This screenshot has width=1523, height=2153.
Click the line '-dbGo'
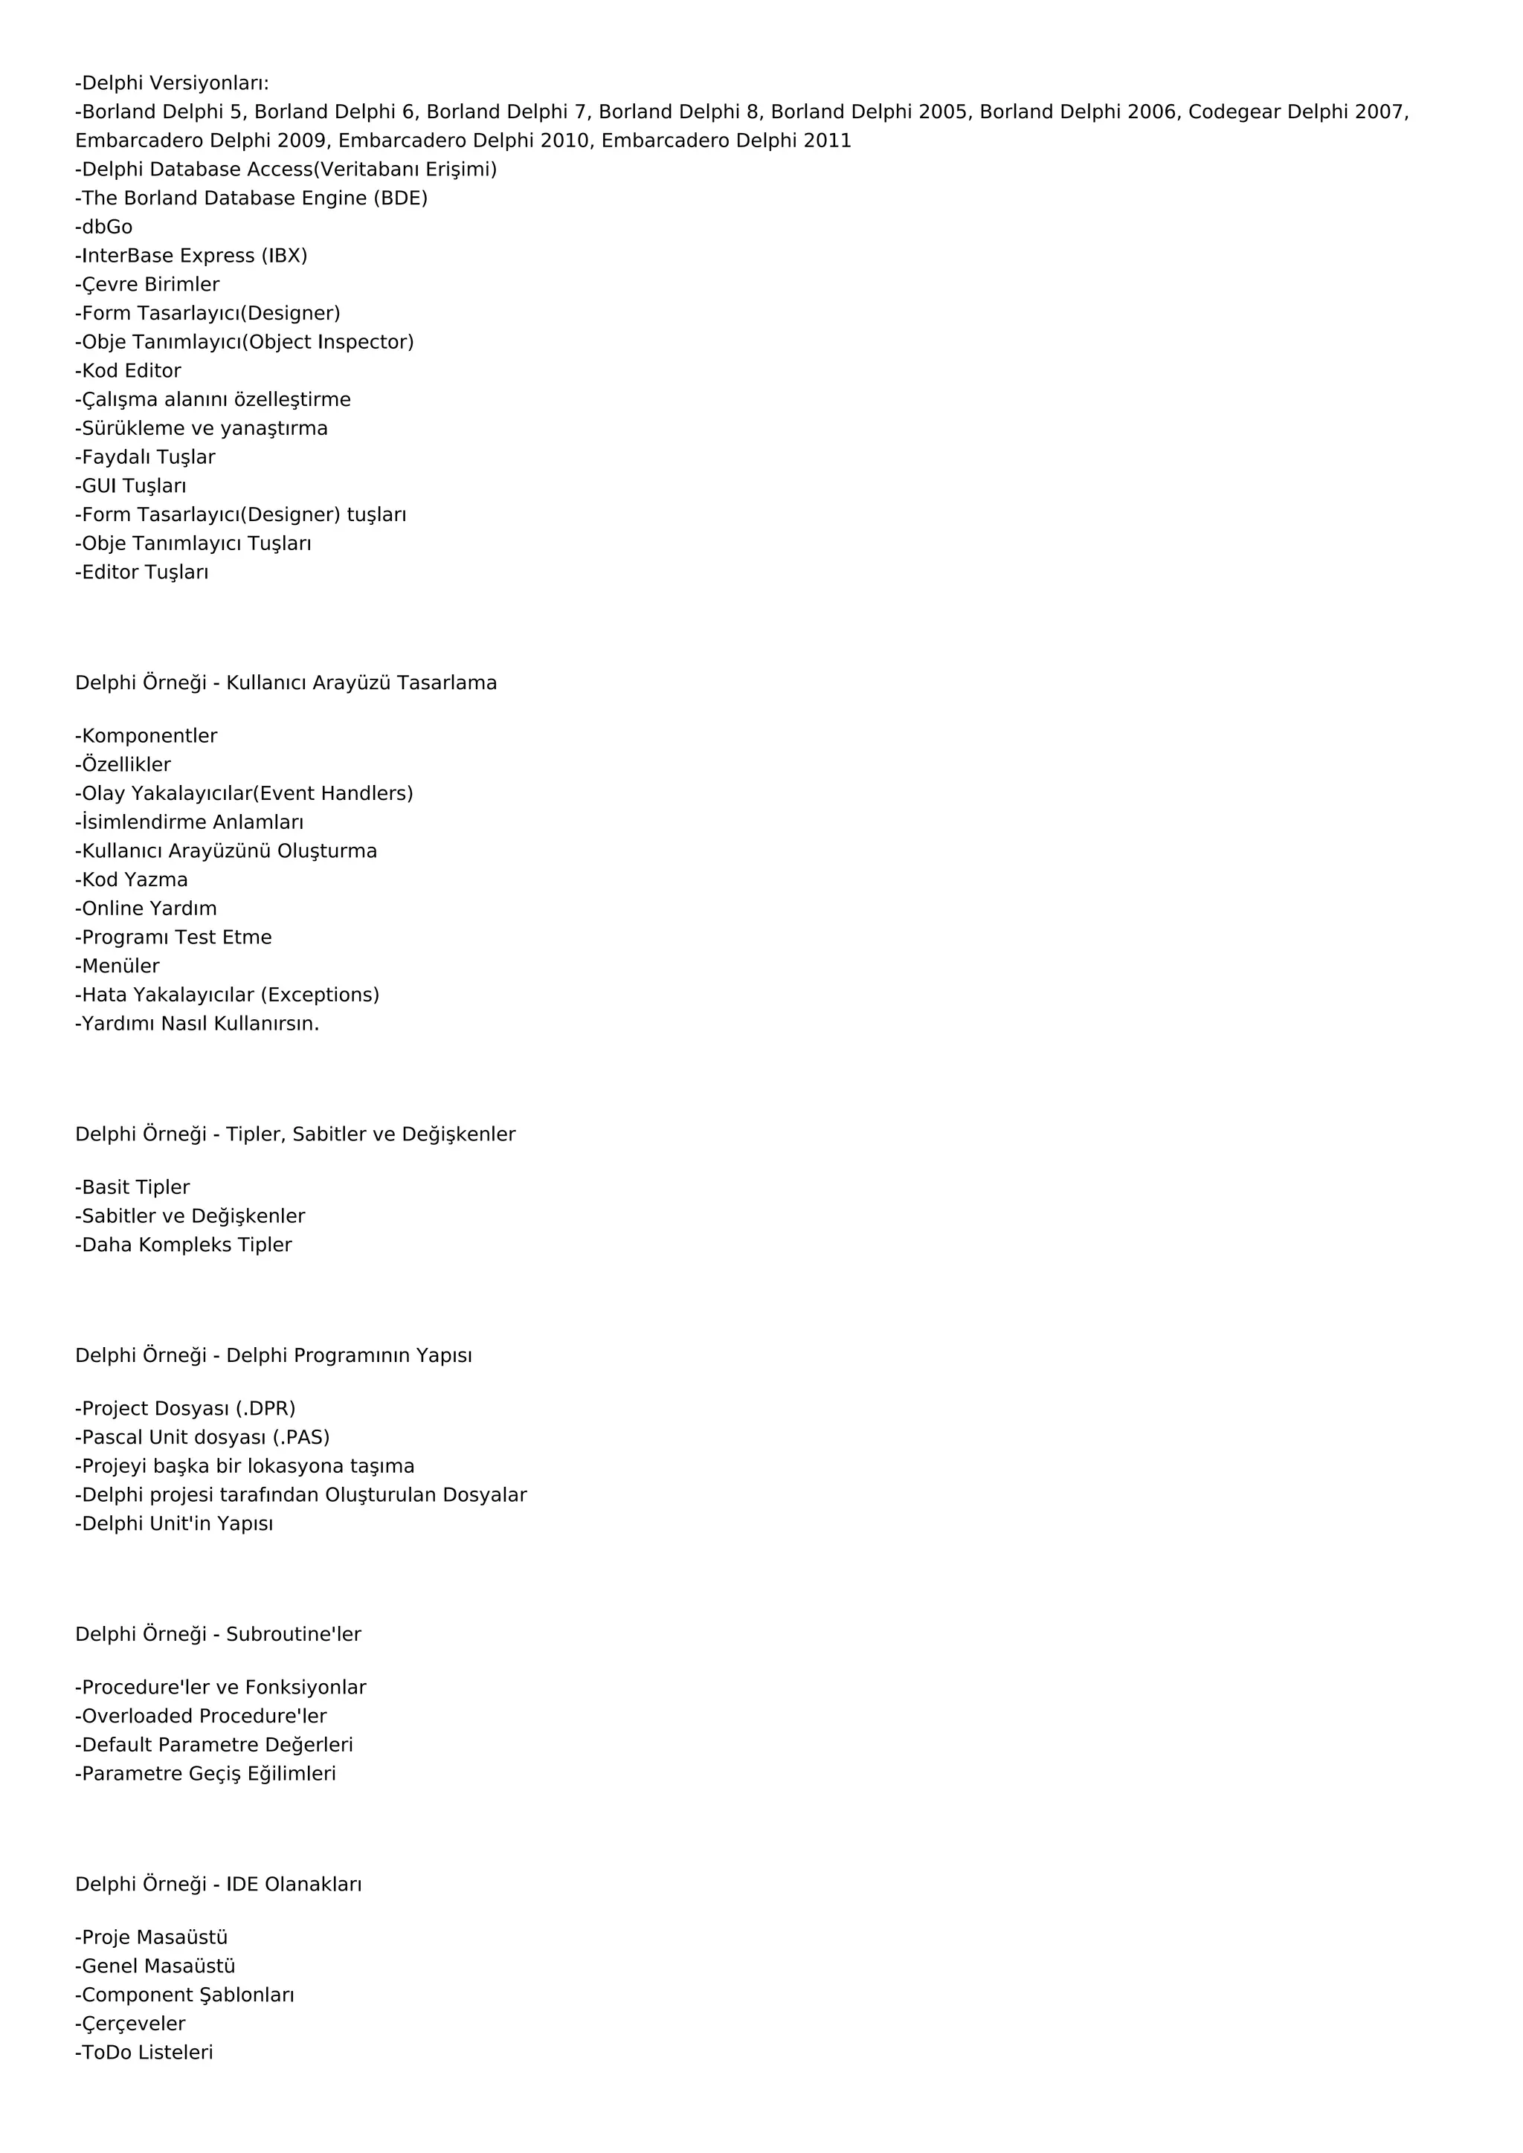104,227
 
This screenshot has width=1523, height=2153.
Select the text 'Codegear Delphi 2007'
1297,112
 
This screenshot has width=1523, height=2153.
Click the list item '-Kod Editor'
129,370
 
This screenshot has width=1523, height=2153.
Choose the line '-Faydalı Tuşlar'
145,456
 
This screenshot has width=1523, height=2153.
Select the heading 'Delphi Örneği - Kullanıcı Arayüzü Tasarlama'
286,682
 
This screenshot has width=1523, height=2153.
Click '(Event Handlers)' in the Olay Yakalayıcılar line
333,793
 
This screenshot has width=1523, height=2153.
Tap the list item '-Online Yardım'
146,908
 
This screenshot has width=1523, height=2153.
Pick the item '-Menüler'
117,966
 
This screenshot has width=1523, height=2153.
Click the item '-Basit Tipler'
132,1187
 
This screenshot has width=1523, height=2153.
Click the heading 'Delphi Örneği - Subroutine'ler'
219,1634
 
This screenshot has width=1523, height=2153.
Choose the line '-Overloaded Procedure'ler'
201,1716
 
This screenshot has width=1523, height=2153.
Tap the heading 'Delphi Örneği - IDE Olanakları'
219,1884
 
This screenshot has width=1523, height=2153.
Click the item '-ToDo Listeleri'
144,2052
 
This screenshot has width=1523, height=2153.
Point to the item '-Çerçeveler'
130,2024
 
